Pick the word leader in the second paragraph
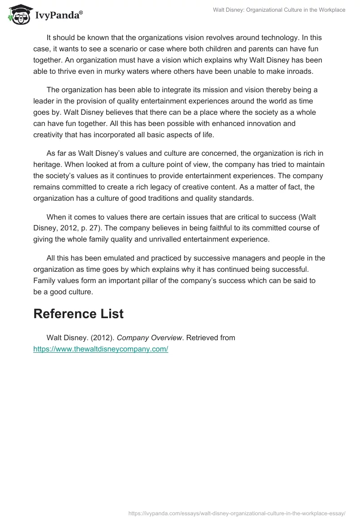click(x=45, y=101)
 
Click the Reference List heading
click(x=78, y=314)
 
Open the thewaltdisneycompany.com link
click(x=101, y=349)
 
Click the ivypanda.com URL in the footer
click(x=237, y=513)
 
